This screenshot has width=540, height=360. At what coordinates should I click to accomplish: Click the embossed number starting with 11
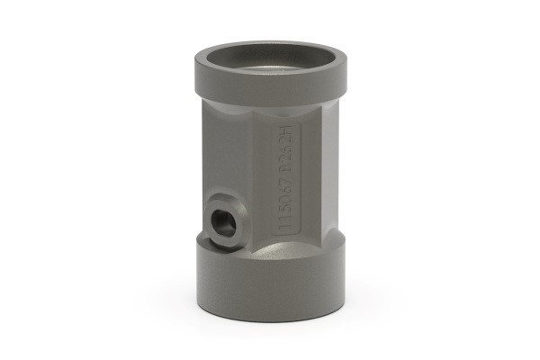(285, 206)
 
